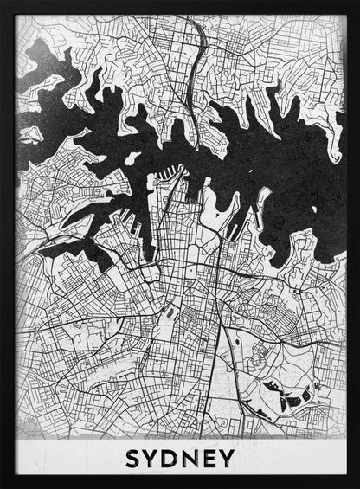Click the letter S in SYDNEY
133,458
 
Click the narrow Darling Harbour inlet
157,216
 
